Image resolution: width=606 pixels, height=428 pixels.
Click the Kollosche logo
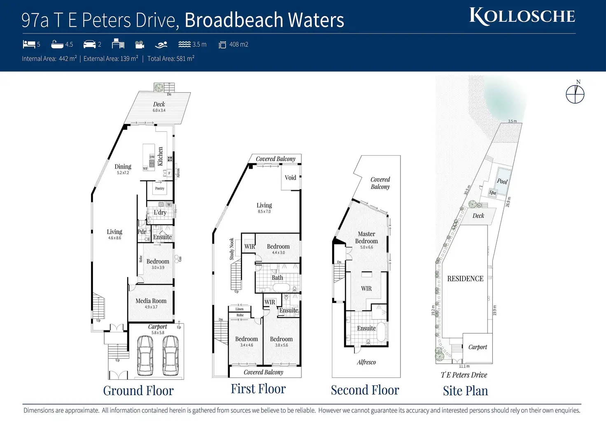[522, 16]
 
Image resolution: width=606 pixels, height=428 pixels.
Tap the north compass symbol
[575, 94]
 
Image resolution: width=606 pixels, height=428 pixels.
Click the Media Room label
[151, 301]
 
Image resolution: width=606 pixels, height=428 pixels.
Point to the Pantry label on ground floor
[160, 188]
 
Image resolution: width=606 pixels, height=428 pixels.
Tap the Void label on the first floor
[290, 178]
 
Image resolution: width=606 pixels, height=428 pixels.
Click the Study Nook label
[232, 249]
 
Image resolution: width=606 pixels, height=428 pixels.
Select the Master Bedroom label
[366, 237]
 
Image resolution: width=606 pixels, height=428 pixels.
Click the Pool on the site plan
[502, 180]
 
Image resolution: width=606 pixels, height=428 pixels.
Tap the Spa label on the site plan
[492, 193]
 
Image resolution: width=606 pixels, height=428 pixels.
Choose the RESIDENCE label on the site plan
[465, 279]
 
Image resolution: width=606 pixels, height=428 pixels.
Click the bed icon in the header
[29, 44]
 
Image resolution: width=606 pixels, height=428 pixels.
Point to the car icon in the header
[89, 44]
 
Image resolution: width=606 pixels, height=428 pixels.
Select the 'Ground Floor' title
[138, 391]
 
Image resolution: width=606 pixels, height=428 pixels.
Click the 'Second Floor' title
[365, 390]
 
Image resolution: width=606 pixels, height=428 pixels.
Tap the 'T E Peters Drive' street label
[464, 375]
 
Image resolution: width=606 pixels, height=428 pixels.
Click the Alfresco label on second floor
[366, 362]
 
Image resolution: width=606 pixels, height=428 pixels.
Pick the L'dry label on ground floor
[160, 212]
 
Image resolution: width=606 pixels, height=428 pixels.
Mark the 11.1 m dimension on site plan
[464, 366]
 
